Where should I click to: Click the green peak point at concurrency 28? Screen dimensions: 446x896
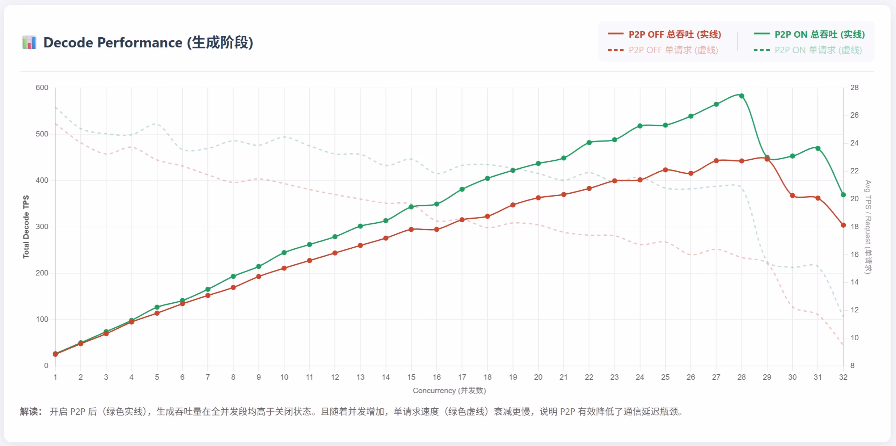coord(741,96)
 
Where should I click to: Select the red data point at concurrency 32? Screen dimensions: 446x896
coord(843,225)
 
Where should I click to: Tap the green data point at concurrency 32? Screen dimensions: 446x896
coord(843,195)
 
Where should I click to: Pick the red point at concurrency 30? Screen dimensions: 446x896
coord(793,195)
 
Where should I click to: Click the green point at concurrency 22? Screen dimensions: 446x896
coord(589,143)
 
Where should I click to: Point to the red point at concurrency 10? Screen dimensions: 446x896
coord(284,268)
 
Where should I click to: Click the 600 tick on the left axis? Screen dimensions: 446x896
coord(42,88)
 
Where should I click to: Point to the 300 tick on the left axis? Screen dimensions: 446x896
coord(42,227)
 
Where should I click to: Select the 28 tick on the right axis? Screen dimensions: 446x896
coord(854,88)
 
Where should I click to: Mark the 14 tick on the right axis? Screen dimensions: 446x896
coord(854,282)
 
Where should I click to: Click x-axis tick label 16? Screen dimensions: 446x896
coord(437,377)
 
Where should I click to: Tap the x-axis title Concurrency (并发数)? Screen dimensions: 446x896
coord(449,391)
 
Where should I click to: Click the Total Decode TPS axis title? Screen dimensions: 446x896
coord(26,227)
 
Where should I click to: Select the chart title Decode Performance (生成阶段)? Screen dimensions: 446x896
coord(148,43)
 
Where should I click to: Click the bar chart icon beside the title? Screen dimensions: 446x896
coord(29,43)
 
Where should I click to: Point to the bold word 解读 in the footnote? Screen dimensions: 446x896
coord(30,412)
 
